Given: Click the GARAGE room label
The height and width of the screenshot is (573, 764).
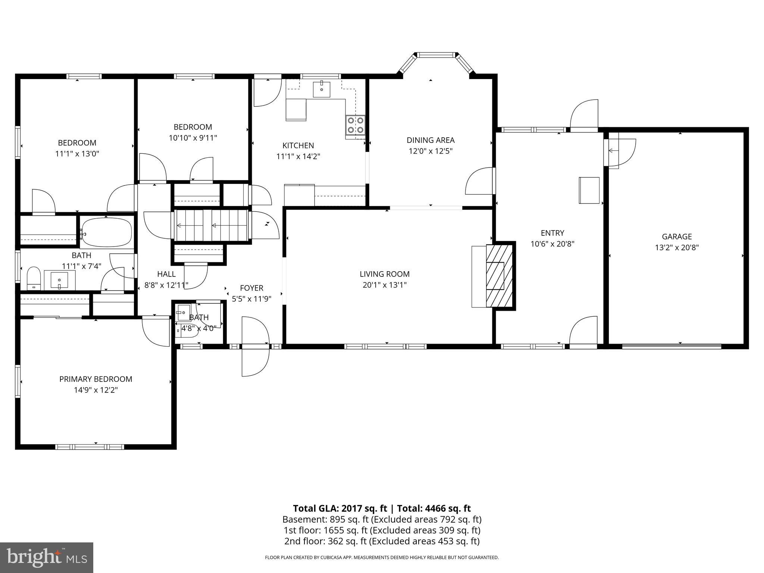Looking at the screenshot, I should [677, 237].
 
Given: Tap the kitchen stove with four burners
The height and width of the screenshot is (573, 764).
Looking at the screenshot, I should [355, 125].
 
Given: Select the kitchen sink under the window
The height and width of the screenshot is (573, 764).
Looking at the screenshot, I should [322, 89].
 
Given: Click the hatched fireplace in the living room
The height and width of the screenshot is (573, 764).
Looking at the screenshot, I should [500, 276].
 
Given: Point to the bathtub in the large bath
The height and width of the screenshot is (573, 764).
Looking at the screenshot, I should [107, 231].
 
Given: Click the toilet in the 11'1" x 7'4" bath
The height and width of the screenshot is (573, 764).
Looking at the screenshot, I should [34, 278].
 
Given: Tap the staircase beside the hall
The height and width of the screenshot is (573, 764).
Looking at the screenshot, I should [212, 225].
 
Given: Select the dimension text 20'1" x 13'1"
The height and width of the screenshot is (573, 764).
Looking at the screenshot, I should [385, 285].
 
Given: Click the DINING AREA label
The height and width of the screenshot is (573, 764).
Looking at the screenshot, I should [430, 140].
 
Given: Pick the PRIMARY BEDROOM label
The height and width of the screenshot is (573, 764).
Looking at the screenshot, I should [96, 379].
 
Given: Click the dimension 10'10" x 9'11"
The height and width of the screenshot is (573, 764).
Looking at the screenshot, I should [193, 138].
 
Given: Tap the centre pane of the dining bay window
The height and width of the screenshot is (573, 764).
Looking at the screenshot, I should [436, 55].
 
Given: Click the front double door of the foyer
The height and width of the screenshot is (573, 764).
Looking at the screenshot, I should [255, 347].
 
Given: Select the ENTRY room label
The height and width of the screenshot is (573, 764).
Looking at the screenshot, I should [552, 233].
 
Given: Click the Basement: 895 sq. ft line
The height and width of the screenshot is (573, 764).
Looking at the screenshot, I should [382, 519].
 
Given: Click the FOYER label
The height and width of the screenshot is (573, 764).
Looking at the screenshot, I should [251, 288].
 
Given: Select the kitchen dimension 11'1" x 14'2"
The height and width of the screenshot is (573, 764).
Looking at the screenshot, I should [298, 156].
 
